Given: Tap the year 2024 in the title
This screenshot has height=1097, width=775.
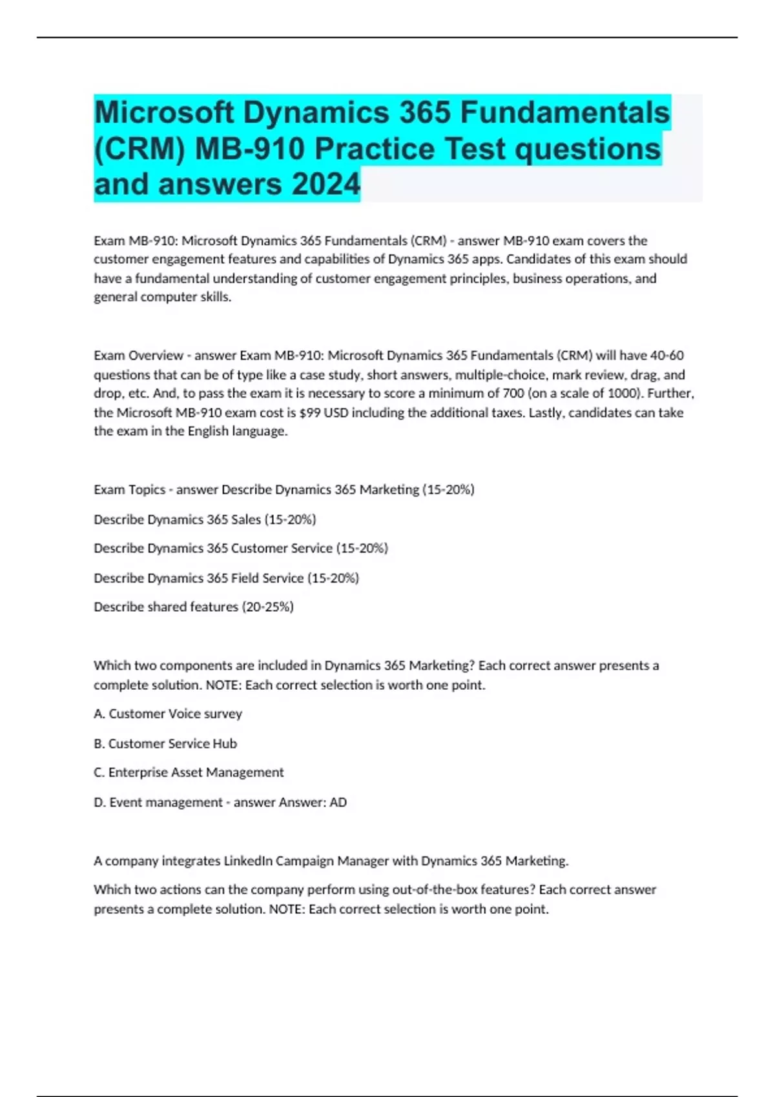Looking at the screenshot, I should point(325,184).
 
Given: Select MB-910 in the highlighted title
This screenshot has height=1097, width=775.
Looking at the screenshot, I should point(249,149).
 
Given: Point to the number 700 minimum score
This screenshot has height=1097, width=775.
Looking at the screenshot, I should point(513,393).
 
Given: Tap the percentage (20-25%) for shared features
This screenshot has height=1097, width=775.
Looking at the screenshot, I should point(267,607).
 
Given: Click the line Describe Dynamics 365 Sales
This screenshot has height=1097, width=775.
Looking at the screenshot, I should point(204,519).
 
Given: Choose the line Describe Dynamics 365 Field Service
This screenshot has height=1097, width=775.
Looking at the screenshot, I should point(225,578).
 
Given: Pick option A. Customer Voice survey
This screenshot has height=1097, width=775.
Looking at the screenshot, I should point(168,714).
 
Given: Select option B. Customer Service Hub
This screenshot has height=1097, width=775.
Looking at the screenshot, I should point(165,743).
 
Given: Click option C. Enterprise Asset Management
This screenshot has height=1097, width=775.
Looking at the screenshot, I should point(189,772).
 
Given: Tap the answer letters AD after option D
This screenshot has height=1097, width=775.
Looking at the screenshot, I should point(338,802).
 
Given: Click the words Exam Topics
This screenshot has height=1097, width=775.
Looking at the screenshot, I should point(129,490).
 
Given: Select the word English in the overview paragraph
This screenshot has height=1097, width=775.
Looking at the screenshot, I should point(209,431).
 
